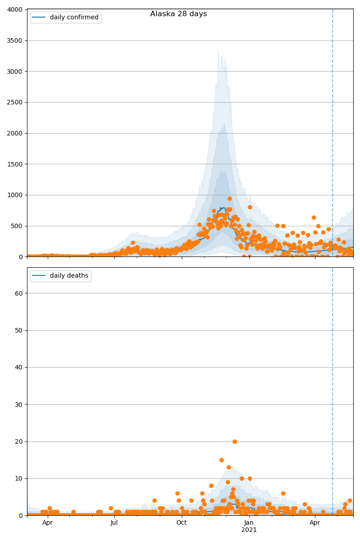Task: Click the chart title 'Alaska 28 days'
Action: coord(179,14)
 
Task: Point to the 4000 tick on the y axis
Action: coord(15,10)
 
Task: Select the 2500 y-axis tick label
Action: coord(15,103)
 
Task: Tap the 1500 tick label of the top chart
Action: coord(15,164)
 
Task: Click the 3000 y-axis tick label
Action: coord(15,72)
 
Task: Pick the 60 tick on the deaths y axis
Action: coord(19,293)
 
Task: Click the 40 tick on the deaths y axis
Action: coord(19,368)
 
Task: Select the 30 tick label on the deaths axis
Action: coord(19,405)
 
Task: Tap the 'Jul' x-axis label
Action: coord(114,522)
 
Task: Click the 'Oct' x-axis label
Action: coord(181,522)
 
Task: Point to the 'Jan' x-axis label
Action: coord(249,522)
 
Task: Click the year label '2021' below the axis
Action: coord(249,530)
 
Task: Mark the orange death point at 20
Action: coord(234,441)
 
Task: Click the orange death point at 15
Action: coord(221,460)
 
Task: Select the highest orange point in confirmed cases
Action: coord(229,198)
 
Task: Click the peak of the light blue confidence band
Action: coord(219,50)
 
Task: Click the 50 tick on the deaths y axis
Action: coord(19,330)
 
